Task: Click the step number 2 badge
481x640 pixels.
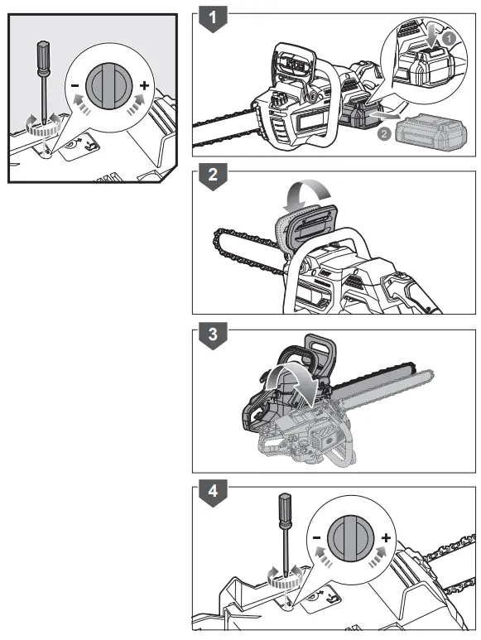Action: point(214,176)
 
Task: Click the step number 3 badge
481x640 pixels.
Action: point(214,335)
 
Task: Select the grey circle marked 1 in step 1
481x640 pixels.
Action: point(447,38)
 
